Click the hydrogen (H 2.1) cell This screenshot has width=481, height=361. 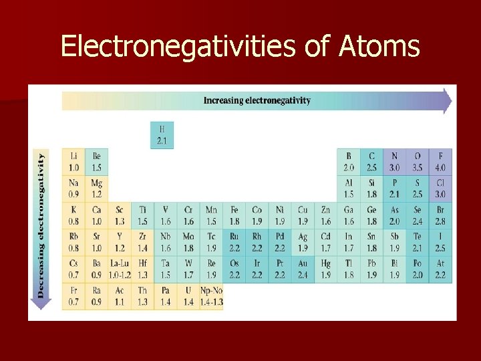pos(162,134)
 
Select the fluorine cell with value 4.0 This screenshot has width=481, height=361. pos(440,162)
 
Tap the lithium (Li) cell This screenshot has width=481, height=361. pos(73,162)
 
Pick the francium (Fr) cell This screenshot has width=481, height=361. pos(73,296)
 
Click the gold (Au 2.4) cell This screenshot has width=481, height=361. pos(303,269)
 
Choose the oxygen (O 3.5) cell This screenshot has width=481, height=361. pos(418,162)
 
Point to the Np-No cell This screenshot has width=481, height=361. pos(211,296)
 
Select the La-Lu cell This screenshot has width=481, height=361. pos(120,269)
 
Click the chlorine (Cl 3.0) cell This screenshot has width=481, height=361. pos(440,189)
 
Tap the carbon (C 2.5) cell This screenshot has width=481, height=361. pos(371,162)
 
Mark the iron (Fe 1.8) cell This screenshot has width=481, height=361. pos(234,215)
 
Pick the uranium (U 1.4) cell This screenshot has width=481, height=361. pos(188,296)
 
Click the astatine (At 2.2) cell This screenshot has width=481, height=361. pos(440,269)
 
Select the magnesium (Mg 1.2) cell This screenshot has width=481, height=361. pos(97,189)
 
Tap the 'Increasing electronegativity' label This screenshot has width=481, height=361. pos(257,100)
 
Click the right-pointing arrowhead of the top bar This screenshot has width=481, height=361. pos(446,101)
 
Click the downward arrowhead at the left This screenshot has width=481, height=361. pos(41,304)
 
